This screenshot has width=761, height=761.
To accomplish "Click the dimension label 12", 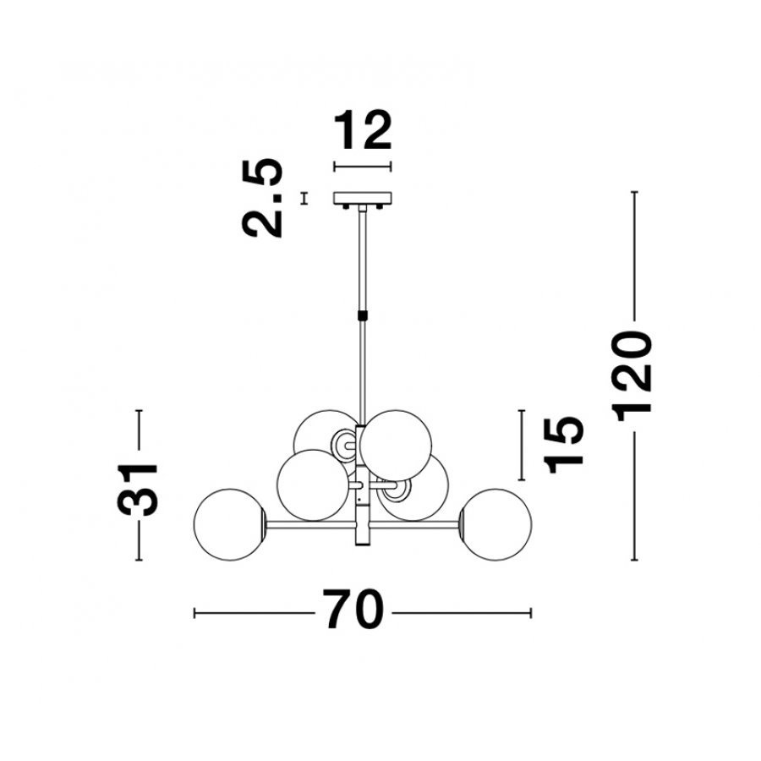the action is (x=363, y=130).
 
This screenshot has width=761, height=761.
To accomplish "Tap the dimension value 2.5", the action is (x=262, y=198).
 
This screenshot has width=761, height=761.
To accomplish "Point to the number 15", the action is (x=563, y=445).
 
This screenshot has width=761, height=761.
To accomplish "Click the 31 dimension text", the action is (x=138, y=489).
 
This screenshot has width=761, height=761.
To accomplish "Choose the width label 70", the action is (x=353, y=609).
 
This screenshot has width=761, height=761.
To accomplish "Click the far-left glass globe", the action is (x=229, y=524).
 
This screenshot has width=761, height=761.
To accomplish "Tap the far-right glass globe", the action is (x=495, y=524).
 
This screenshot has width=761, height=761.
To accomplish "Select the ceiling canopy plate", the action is (x=363, y=198).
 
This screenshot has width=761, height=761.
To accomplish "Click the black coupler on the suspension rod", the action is (x=363, y=315).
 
